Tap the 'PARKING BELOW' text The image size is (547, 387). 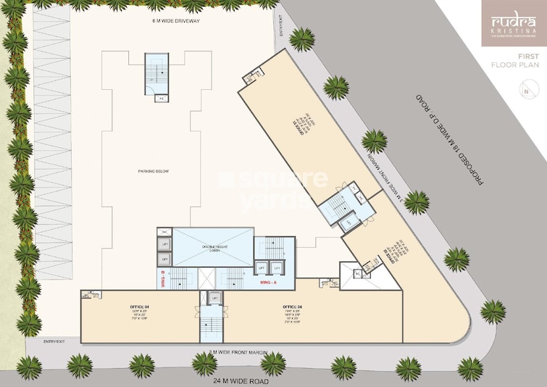[153, 172]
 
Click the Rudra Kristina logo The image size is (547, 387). [514, 25]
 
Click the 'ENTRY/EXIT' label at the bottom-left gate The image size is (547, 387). [54, 341]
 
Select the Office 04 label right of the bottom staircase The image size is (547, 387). [293, 312]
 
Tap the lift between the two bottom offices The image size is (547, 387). [214, 298]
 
